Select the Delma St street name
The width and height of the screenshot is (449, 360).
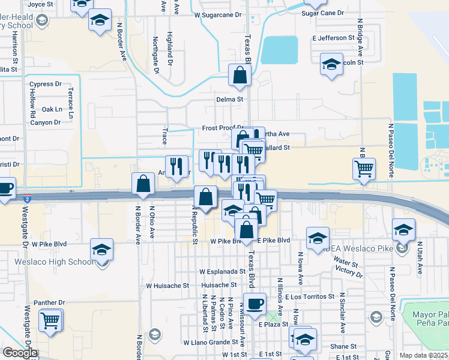click(229, 99)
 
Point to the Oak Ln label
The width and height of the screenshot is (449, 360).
click(52, 109)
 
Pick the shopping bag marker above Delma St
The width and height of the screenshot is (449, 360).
click(240, 76)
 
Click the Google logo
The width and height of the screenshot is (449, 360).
click(20, 353)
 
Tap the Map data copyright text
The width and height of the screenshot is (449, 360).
click(424, 355)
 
